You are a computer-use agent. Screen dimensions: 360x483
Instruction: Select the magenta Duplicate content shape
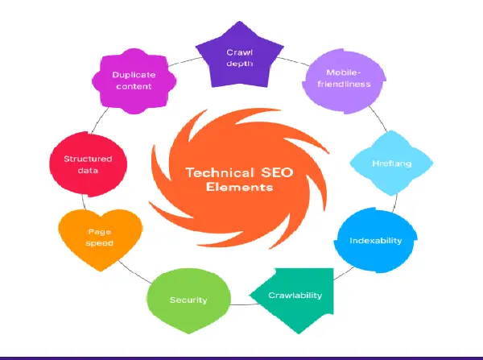click(133, 80)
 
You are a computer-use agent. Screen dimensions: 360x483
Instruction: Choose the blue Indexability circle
click(369, 240)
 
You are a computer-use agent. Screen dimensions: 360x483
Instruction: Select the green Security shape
click(188, 300)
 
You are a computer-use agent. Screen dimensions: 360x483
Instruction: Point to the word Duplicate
click(133, 75)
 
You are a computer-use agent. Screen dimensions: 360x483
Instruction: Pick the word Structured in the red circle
click(88, 159)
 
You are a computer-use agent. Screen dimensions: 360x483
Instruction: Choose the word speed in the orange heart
click(101, 242)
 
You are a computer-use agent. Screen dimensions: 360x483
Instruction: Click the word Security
click(188, 300)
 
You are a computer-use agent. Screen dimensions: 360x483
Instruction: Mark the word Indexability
click(375, 240)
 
